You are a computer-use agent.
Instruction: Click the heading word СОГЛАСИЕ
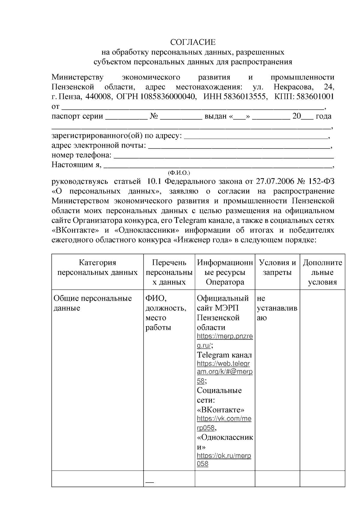(193, 42)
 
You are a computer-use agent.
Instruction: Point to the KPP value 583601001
(315, 97)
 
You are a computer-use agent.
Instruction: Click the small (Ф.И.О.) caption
(179, 173)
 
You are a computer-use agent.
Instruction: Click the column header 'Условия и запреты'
(277, 268)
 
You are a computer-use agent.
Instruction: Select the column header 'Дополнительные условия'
(322, 272)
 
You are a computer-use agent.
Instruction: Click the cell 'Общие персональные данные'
(92, 303)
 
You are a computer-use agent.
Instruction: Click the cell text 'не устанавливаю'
(277, 308)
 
